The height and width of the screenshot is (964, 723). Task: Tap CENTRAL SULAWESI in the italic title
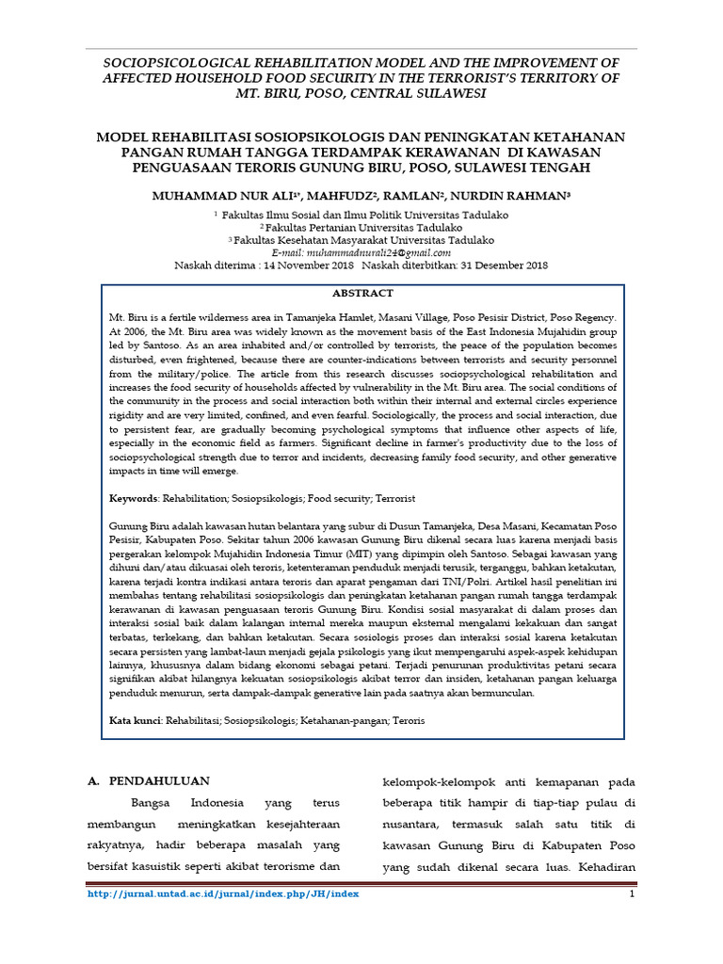coord(432,94)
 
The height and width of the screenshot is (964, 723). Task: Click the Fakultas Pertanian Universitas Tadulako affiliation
coord(361,227)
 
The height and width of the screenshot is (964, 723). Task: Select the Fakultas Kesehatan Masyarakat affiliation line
coord(361,240)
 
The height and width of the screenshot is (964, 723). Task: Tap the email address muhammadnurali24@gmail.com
coord(361,253)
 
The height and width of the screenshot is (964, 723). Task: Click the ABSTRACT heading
coord(362,294)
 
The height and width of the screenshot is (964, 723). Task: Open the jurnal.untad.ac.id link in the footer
coord(223,894)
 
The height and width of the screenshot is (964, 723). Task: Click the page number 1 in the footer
coord(632,894)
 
